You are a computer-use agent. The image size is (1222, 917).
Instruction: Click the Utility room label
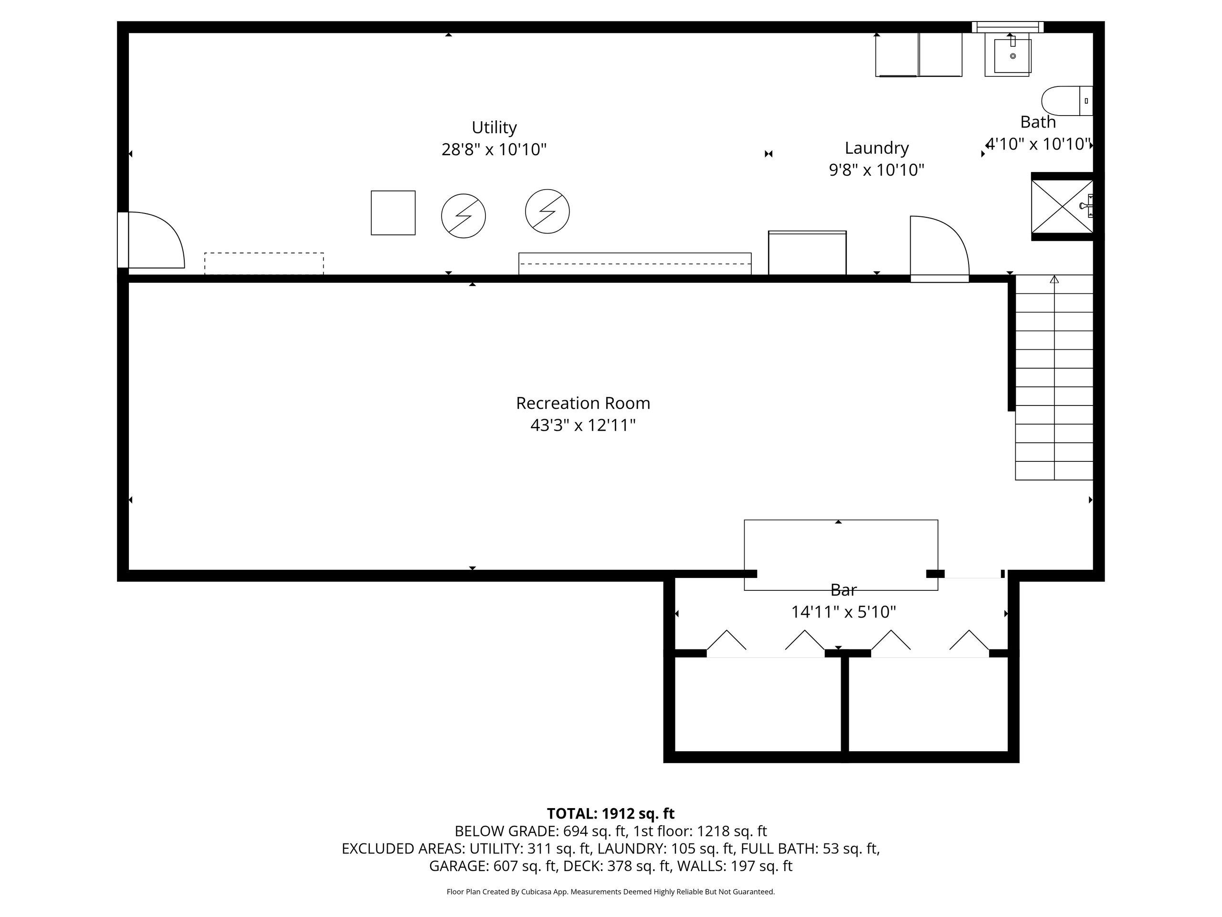click(x=494, y=128)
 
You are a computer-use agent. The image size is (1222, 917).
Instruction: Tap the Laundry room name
click(x=876, y=148)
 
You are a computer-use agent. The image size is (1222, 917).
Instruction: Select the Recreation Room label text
click(x=583, y=403)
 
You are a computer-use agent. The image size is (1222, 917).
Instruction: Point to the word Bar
click(x=843, y=590)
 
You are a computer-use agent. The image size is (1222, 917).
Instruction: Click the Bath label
click(x=1037, y=122)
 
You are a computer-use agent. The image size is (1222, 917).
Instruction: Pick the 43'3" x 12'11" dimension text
click(x=583, y=425)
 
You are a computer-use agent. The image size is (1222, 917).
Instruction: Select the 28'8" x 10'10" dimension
click(x=494, y=149)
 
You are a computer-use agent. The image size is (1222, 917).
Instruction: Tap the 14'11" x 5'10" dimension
click(x=843, y=612)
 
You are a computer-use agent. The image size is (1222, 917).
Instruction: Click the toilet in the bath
click(x=1067, y=101)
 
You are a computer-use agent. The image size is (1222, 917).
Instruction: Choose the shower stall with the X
click(x=1062, y=206)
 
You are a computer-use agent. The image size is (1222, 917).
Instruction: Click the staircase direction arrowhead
click(x=1054, y=279)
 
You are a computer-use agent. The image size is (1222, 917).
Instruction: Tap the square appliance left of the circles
click(x=393, y=213)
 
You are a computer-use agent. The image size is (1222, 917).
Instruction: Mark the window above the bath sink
click(x=1008, y=27)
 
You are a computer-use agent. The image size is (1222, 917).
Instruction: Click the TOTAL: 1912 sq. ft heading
click(x=611, y=814)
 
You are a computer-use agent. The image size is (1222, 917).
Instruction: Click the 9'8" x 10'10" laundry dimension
click(x=876, y=170)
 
